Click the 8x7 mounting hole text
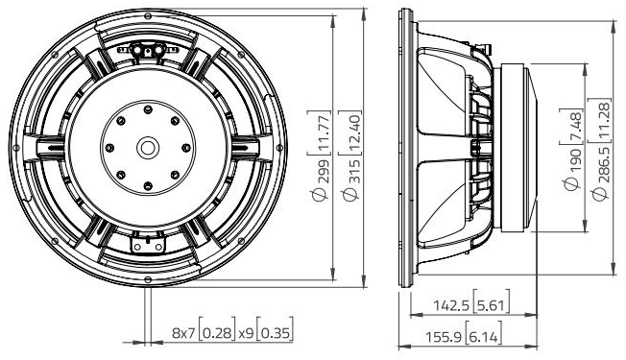coord(183,333)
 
